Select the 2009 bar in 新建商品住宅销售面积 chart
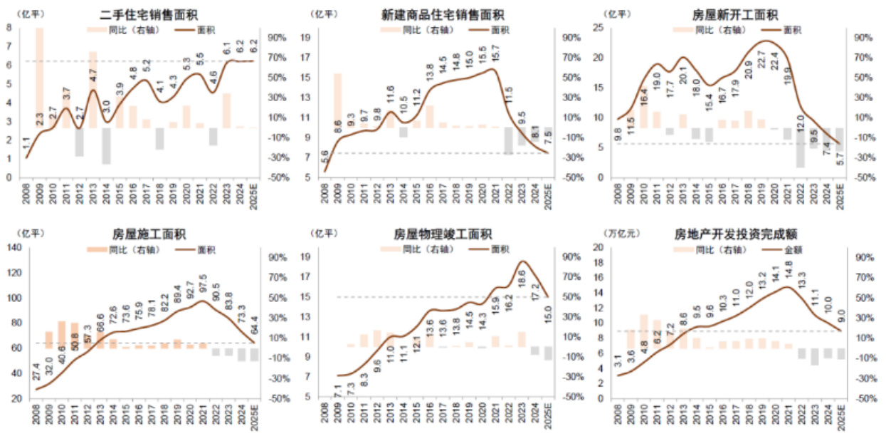pyautogui.click(x=337, y=100)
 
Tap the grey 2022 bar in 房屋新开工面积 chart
pyautogui.click(x=800, y=147)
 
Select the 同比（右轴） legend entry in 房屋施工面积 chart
pyautogui.click(x=117, y=249)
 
